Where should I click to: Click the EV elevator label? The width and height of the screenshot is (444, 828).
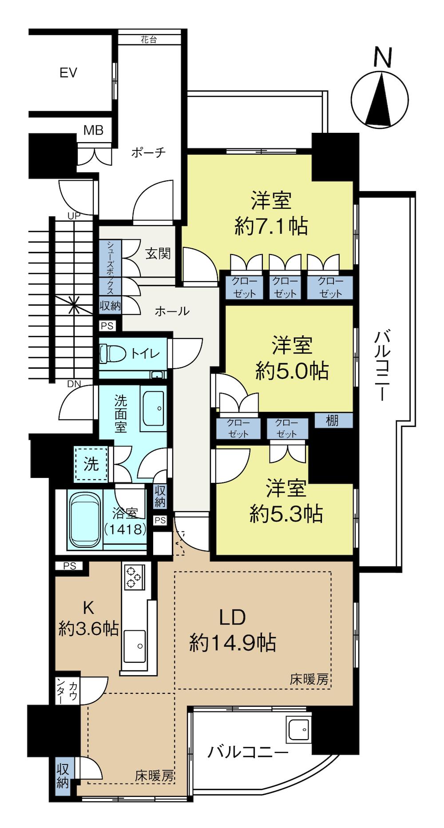68,72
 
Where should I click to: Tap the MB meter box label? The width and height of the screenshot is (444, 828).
94,130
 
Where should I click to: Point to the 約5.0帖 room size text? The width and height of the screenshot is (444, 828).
292,370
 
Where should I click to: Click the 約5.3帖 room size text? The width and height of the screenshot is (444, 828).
286,514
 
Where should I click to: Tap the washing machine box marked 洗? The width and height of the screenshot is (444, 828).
91,464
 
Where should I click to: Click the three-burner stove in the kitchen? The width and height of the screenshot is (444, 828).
133,576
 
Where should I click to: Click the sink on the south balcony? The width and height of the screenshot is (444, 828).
299,728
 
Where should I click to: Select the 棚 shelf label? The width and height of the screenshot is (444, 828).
333,421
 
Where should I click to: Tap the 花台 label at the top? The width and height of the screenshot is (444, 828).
149,40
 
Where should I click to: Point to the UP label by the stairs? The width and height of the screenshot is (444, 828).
74,216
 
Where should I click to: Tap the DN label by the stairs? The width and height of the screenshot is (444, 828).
74,383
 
